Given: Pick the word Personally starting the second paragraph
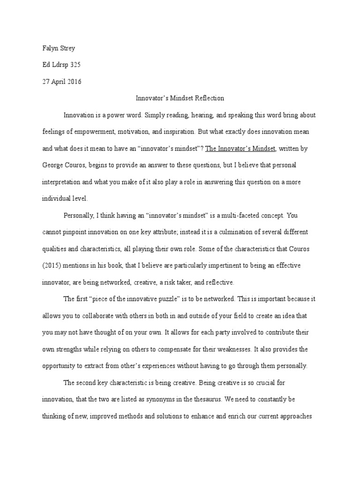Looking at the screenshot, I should pyautogui.click(x=79, y=216).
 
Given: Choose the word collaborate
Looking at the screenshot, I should pyautogui.click(x=102, y=315).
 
